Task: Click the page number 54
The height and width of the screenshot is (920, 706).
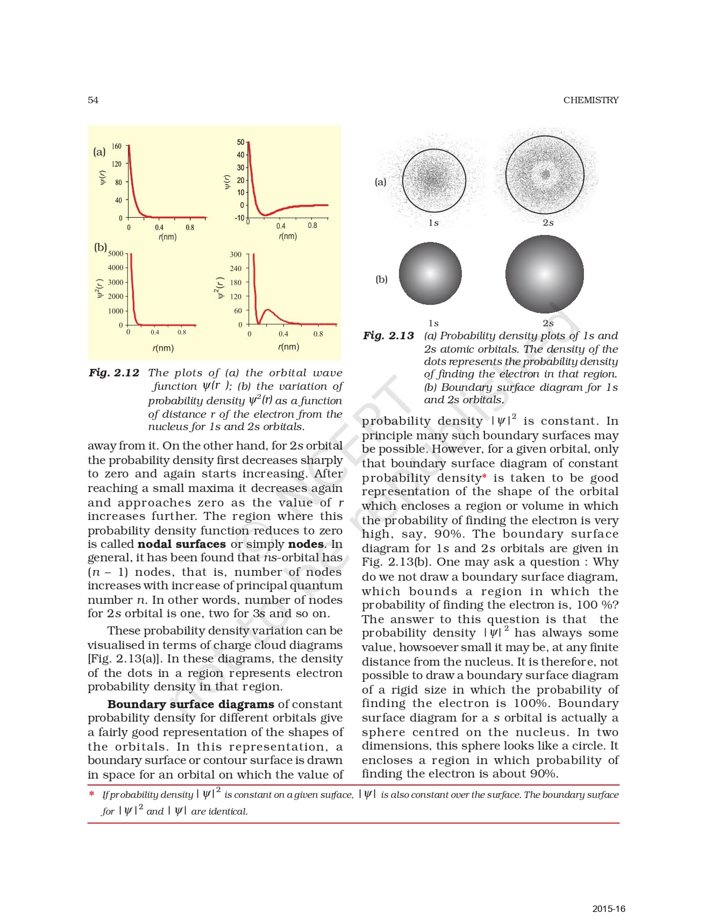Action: click(x=93, y=100)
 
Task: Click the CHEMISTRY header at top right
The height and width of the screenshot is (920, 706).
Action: click(x=590, y=100)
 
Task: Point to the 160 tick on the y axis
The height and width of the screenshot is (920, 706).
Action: click(x=117, y=146)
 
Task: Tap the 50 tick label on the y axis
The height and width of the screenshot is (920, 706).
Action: click(x=240, y=142)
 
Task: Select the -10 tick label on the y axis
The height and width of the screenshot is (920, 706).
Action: click(x=239, y=218)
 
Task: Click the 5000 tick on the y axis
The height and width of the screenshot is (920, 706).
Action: click(x=116, y=253)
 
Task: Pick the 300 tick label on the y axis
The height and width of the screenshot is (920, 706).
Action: click(x=236, y=254)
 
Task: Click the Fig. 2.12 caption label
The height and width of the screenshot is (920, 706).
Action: click(x=114, y=373)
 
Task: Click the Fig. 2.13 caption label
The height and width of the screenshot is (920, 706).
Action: click(x=388, y=336)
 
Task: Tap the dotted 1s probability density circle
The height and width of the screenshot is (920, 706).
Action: click(x=433, y=180)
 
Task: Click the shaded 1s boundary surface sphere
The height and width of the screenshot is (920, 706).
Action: click(x=430, y=273)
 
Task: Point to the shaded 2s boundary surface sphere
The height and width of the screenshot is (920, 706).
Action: click(x=545, y=274)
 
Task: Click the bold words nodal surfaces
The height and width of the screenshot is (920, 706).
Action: click(x=181, y=544)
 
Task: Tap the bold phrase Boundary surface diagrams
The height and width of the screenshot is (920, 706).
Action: click(x=190, y=704)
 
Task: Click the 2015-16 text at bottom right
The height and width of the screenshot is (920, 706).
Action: click(x=609, y=909)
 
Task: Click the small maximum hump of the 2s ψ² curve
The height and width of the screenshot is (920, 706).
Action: click(x=268, y=310)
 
